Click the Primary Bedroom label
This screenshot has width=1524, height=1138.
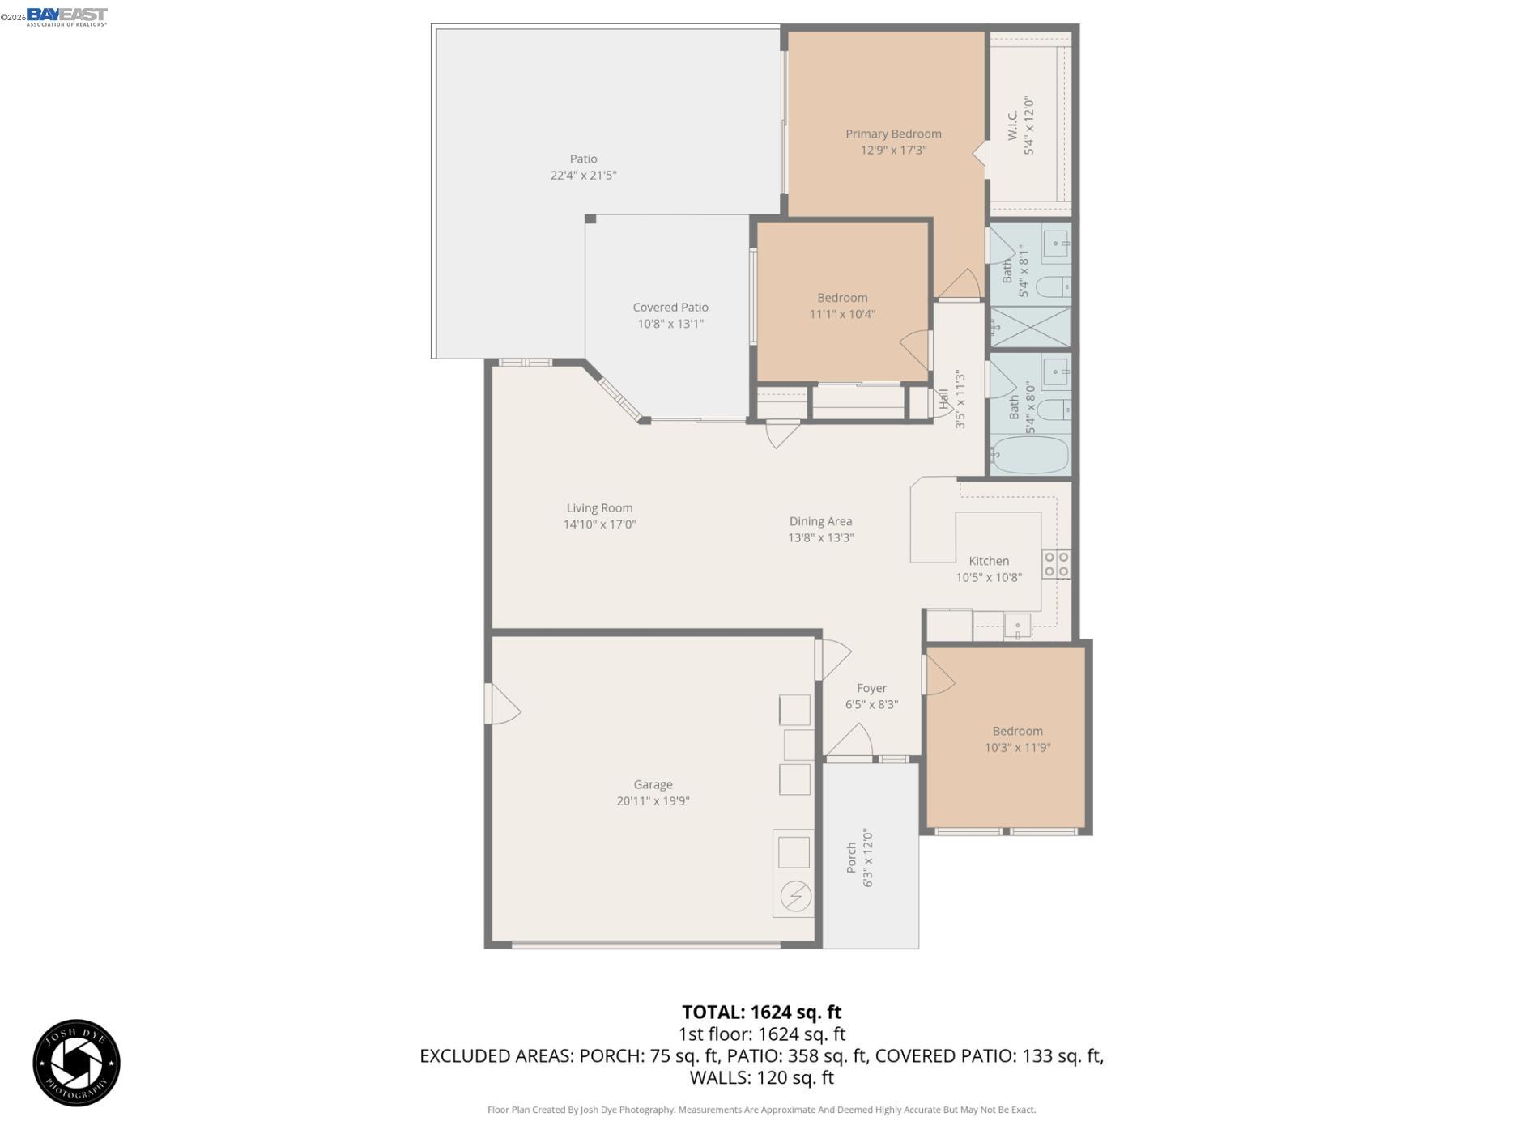[x=892, y=134]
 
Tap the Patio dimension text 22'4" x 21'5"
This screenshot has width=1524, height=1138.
[x=583, y=175]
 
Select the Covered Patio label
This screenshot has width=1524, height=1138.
[x=670, y=307]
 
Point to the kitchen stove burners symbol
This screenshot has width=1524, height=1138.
[x=1055, y=563]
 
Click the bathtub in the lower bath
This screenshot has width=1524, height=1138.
[x=1030, y=456]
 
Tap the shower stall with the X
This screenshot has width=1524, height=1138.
[x=1030, y=327]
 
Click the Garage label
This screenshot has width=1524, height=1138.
[x=652, y=783]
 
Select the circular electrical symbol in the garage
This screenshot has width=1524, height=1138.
[x=794, y=896]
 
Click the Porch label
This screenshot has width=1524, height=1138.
[x=851, y=857]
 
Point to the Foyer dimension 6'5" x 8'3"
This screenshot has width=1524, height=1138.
[x=871, y=704]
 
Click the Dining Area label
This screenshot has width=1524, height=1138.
[x=820, y=521]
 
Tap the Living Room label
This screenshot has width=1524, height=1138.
[x=599, y=507]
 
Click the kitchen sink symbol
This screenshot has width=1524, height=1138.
[x=1016, y=626]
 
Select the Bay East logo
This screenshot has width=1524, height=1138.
[x=66, y=15]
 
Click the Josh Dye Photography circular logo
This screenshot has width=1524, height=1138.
[x=76, y=1062]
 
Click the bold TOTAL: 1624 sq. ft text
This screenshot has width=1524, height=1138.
[x=761, y=1012]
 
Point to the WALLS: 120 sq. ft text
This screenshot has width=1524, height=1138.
[x=761, y=1077]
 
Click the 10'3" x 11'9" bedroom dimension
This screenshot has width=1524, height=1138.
[x=1017, y=747]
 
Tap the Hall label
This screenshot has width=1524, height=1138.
[x=943, y=398]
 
